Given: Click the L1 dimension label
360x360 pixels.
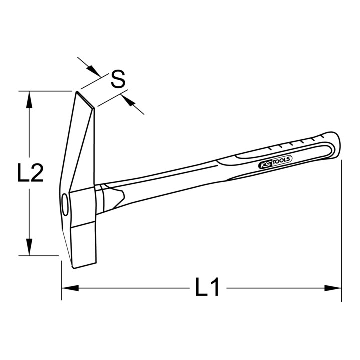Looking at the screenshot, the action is (207, 287).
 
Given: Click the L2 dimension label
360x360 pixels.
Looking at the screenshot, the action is (30, 173).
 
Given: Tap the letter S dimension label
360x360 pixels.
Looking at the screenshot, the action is (118, 79).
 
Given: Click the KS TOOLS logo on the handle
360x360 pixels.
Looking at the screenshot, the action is (275, 162).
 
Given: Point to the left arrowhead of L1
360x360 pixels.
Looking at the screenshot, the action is (70, 288).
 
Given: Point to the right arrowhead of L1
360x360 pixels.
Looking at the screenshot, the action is (333, 288).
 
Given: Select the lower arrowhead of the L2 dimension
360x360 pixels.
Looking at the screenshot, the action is (29, 247).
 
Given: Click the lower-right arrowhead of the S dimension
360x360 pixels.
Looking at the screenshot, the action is (127, 100).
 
